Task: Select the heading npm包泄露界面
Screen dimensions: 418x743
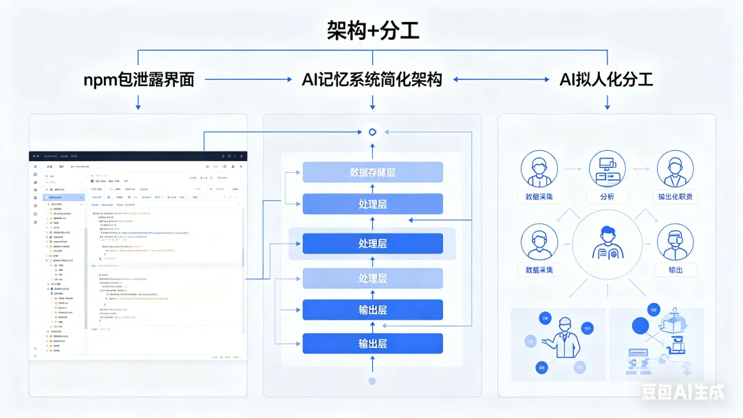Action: pos(138,80)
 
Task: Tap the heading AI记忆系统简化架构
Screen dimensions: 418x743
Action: pos(372,80)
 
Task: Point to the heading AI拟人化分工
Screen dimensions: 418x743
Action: pos(606,80)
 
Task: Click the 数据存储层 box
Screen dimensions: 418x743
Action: pos(372,172)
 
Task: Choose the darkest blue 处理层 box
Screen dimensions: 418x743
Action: pos(372,244)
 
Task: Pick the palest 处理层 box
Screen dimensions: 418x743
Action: pos(372,278)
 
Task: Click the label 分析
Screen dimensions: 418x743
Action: pos(607,197)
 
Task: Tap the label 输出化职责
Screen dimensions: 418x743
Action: pos(675,197)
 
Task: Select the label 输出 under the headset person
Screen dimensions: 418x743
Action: pos(675,270)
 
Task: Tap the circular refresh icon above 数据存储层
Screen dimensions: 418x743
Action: pos(372,132)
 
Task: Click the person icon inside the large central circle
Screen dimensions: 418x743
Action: pos(607,242)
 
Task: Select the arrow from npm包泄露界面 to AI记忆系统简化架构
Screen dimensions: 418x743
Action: pos(248,80)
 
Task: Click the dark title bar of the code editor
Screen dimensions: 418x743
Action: pos(138,156)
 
